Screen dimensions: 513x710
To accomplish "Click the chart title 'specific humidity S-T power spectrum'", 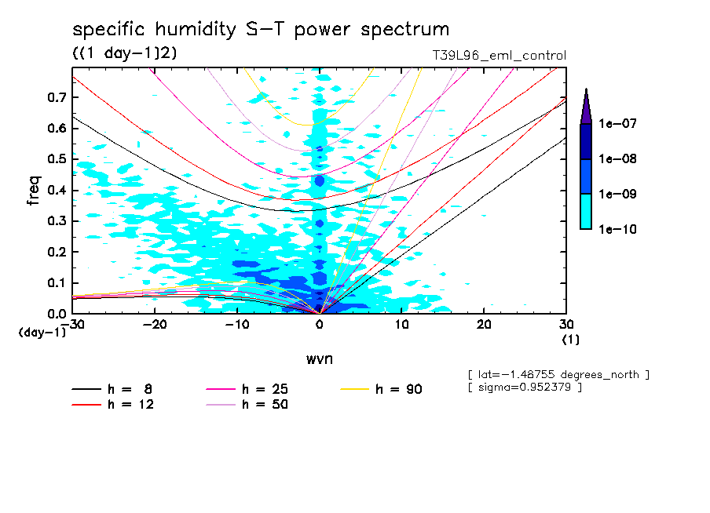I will tap(261, 30).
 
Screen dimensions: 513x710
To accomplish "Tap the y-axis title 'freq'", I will tap(34, 191).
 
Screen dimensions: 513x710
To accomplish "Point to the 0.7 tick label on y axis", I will tap(56, 97).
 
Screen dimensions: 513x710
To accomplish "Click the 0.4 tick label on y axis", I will tap(56, 191).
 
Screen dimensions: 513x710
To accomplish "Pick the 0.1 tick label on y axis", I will tap(56, 283).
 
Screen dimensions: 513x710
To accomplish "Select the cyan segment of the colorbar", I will tap(586, 211).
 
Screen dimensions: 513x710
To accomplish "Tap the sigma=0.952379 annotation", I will tap(525, 387).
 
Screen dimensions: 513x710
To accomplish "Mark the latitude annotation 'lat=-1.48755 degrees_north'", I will tap(558, 375).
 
